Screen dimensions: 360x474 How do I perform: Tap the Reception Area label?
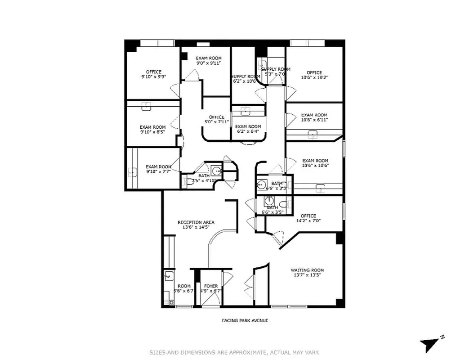click(x=196, y=222)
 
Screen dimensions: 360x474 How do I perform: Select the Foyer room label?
click(x=211, y=286)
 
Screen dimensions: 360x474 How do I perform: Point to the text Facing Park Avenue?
click(x=245, y=320)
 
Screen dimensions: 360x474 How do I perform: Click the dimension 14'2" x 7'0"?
click(x=308, y=221)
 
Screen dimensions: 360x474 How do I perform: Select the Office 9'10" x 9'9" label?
click(x=153, y=72)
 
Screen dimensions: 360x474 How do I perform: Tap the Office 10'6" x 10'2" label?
click(x=314, y=73)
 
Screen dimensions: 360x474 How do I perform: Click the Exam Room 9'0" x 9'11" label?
click(x=209, y=58)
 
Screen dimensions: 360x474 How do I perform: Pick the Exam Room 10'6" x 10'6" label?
click(x=315, y=161)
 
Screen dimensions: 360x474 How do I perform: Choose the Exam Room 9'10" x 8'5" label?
click(x=152, y=127)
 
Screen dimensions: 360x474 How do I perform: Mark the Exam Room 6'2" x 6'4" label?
click(x=248, y=127)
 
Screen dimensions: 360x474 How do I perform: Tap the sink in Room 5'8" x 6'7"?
click(x=169, y=276)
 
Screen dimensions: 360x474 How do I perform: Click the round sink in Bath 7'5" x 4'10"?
click(x=217, y=171)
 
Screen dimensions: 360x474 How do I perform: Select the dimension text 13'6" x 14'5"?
click(x=196, y=227)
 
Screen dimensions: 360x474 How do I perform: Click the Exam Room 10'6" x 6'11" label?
click(x=314, y=115)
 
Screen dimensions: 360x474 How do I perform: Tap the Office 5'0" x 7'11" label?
click(x=216, y=117)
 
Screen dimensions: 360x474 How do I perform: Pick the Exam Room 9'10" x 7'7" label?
click(x=158, y=166)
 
